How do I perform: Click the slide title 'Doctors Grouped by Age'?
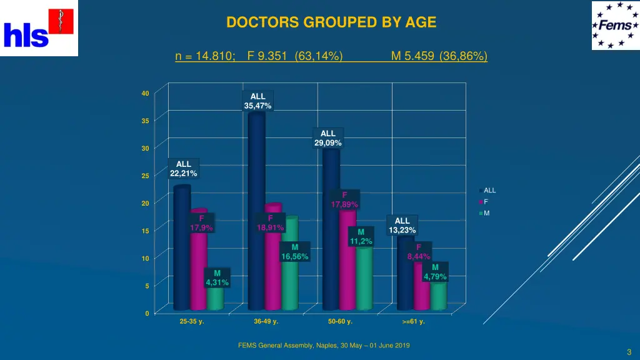tap(331, 22)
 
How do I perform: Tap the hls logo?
tap(39, 28)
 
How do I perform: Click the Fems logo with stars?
tap(615, 26)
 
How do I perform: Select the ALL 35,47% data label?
tap(257, 101)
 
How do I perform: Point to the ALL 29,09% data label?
tap(327, 138)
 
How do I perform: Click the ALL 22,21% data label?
tap(183, 169)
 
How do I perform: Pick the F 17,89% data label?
tap(344, 200)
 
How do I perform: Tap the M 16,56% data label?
tap(294, 252)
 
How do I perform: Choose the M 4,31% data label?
tap(217, 278)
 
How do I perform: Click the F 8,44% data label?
tap(419, 251)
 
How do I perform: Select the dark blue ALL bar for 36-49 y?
tap(256, 212)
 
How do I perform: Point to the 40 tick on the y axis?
tap(145, 94)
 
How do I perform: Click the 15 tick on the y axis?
tap(145, 231)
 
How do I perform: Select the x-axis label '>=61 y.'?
tap(414, 322)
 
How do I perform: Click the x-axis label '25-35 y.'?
tap(192, 322)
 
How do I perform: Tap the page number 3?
tap(629, 352)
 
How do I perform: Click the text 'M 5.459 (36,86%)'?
tap(439, 57)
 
